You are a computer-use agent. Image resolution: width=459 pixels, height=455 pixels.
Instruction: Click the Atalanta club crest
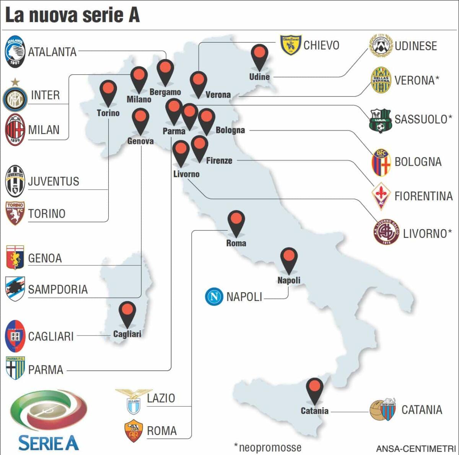pyautogui.click(x=15, y=52)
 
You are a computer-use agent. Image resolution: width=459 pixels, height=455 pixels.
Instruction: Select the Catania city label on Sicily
pyautogui.click(x=314, y=411)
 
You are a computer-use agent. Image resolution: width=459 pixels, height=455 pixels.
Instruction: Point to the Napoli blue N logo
pyautogui.click(x=214, y=296)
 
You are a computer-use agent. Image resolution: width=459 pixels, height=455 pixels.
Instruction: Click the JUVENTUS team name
pyautogui.click(x=54, y=181)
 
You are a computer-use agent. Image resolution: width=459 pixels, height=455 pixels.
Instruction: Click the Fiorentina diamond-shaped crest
pyautogui.click(x=381, y=196)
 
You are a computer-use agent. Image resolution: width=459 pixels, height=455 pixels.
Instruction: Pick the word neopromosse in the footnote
pyautogui.click(x=270, y=447)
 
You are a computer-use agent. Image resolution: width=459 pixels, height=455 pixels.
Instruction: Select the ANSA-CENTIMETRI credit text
pyautogui.click(x=415, y=448)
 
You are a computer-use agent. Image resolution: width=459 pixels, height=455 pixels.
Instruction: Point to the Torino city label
pyautogui.click(x=108, y=113)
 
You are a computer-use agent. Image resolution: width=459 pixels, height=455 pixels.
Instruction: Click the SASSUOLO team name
pyautogui.click(x=423, y=119)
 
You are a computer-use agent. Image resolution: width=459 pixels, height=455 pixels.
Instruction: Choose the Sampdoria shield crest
pyautogui.click(x=15, y=289)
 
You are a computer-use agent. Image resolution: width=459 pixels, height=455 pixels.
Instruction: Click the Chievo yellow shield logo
pyautogui.click(x=291, y=45)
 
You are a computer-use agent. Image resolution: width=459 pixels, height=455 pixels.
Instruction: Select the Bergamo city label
pyautogui.click(x=165, y=92)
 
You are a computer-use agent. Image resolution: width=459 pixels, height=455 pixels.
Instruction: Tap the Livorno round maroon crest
pyautogui.click(x=386, y=232)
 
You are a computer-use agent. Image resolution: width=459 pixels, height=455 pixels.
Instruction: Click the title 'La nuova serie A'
pyautogui.click(x=72, y=15)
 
